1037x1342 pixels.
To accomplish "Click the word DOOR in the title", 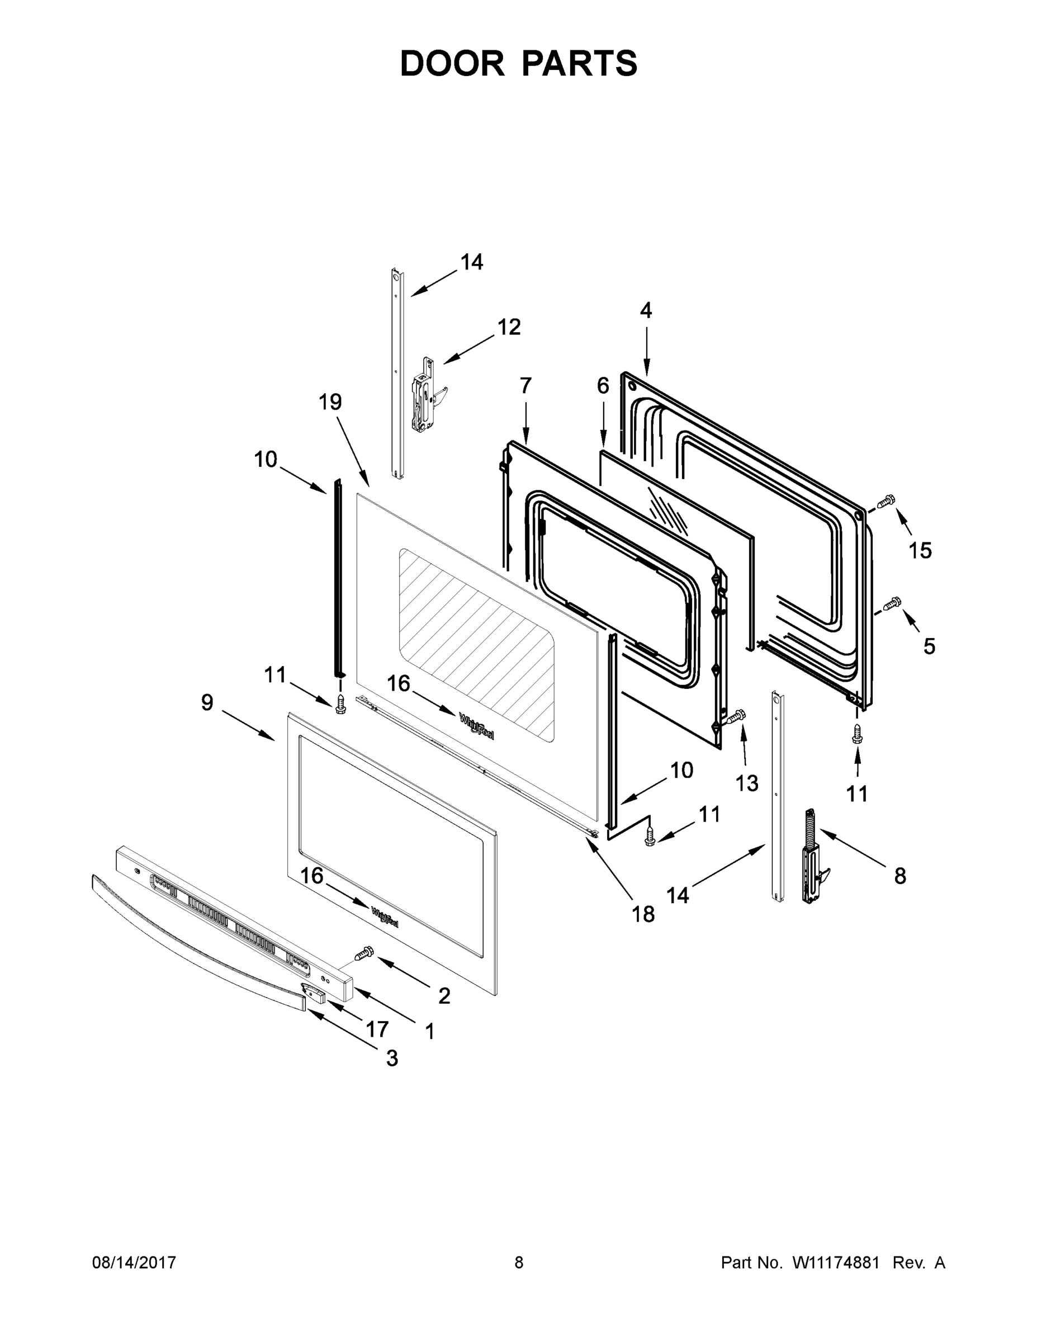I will coord(452,63).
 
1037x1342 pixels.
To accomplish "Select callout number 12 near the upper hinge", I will coord(509,327).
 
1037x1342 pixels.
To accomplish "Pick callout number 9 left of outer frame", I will coord(207,702).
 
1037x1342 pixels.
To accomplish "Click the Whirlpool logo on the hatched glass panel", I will coord(477,726).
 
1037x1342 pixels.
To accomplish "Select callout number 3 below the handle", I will coord(392,1058).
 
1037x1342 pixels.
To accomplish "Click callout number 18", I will coord(643,914).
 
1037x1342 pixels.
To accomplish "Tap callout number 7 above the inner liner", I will coord(525,386).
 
